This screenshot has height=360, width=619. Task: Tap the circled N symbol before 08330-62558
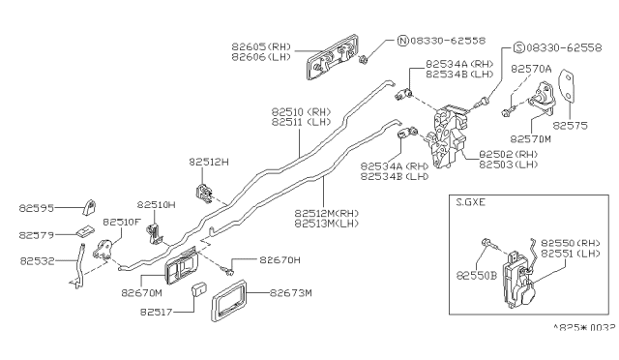401,42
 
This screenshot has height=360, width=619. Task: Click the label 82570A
532,70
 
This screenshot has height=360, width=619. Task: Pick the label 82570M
532,138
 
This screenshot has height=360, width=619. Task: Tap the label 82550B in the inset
483,275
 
